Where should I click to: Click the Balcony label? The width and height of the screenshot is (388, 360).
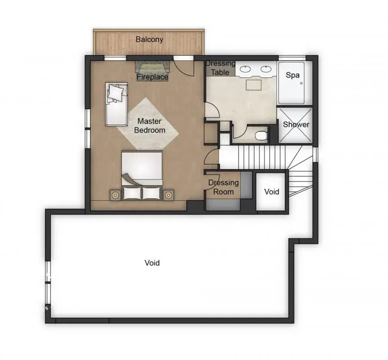pyautogui.click(x=150, y=39)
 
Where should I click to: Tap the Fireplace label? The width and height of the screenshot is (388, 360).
pyautogui.click(x=153, y=77)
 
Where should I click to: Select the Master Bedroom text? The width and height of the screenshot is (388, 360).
pyautogui.click(x=150, y=126)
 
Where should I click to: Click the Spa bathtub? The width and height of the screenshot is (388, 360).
pyautogui.click(x=291, y=83)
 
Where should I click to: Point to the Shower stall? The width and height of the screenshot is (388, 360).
pyautogui.click(x=296, y=125)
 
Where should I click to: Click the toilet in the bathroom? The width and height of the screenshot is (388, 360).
pyautogui.click(x=261, y=136)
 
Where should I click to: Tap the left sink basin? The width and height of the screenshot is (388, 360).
pyautogui.click(x=245, y=69)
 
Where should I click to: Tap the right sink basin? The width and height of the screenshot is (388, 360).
pyautogui.click(x=266, y=69)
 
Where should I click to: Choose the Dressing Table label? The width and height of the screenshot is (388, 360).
pyautogui.click(x=220, y=68)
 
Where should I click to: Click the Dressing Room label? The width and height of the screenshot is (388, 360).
pyautogui.click(x=223, y=187)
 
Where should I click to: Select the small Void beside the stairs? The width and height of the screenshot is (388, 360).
pyautogui.click(x=272, y=192)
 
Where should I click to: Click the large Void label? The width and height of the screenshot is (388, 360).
pyautogui.click(x=152, y=262)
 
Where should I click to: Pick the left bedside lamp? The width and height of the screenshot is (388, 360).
pyautogui.click(x=115, y=195)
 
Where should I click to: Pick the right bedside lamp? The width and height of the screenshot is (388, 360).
pyautogui.click(x=168, y=195)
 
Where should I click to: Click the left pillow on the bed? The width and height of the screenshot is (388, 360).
pyautogui.click(x=132, y=193)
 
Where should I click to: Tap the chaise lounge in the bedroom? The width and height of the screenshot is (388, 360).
pyautogui.click(x=116, y=104)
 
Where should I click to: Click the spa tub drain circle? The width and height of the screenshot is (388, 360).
pyautogui.click(x=301, y=83)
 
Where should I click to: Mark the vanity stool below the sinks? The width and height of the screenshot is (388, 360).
pyautogui.click(x=253, y=85)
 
